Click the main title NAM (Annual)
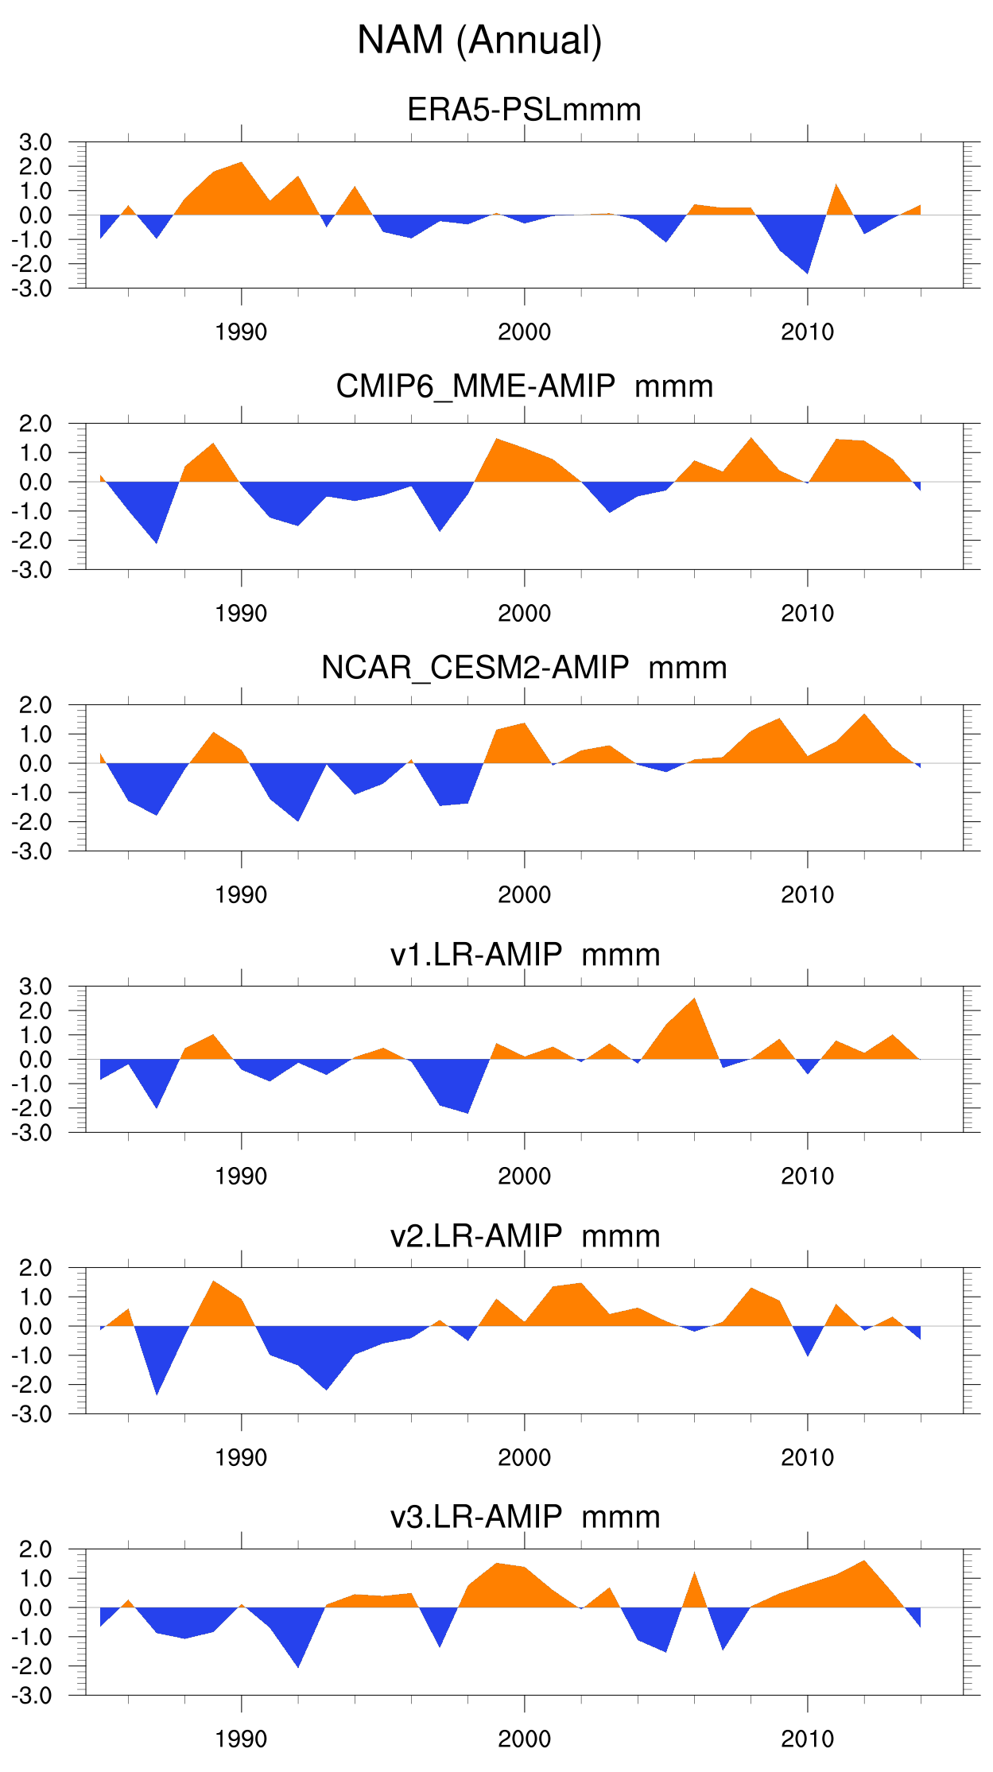(x=479, y=40)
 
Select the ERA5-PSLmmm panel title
(x=524, y=110)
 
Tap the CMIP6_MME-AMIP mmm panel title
(x=524, y=386)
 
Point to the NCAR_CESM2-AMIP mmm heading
(x=524, y=668)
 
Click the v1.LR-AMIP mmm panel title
(x=524, y=954)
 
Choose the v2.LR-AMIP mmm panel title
(x=524, y=1236)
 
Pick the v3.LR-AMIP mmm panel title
(x=524, y=1517)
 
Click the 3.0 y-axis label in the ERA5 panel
(x=36, y=142)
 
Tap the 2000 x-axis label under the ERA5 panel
(x=524, y=332)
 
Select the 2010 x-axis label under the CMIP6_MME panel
(x=807, y=613)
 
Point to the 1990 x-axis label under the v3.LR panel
(x=241, y=1739)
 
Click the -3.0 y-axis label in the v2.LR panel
(x=33, y=1414)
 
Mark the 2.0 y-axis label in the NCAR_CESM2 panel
(x=36, y=705)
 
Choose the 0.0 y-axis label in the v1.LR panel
(x=36, y=1059)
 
